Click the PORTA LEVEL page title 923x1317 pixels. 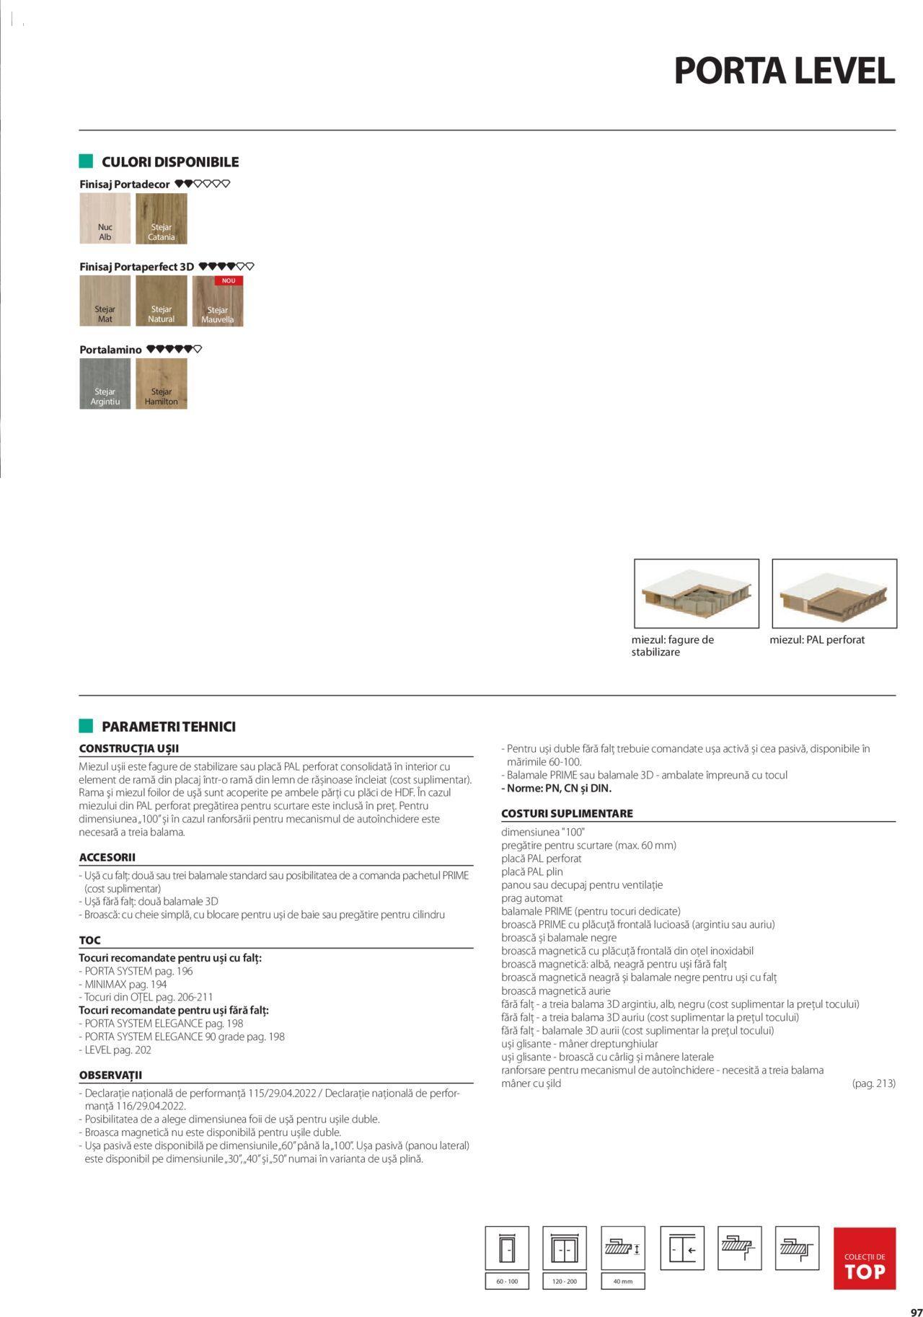(x=784, y=71)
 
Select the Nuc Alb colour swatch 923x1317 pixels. (x=105, y=218)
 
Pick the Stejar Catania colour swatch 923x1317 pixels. (x=162, y=218)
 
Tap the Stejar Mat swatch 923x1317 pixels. (x=105, y=301)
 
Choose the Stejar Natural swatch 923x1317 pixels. (x=162, y=301)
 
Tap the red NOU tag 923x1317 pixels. (x=228, y=280)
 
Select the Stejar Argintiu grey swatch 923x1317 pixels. (x=105, y=383)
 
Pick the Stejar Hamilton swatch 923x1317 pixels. (x=162, y=383)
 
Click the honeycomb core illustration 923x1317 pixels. (x=696, y=593)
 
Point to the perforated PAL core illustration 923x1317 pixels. (x=834, y=593)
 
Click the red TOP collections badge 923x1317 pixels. (x=864, y=1258)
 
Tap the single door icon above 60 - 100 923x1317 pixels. (x=507, y=1248)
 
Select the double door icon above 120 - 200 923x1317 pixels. (x=565, y=1248)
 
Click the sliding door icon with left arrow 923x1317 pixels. (x=681, y=1248)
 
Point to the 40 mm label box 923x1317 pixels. (x=622, y=1281)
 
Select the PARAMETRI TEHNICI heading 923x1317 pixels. (x=168, y=727)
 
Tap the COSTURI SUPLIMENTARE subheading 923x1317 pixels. (x=567, y=813)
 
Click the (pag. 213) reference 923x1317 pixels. (x=873, y=1083)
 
